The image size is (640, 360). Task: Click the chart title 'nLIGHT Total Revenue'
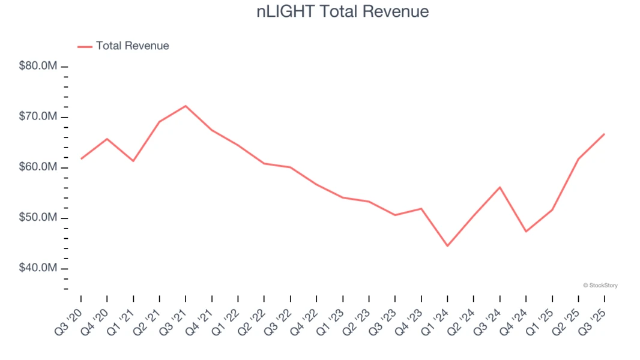(343, 11)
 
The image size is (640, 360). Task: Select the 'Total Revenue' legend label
(133, 46)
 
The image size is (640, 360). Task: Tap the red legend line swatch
(85, 46)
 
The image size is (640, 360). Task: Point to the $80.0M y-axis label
(38, 66)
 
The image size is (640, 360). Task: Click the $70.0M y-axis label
(38, 116)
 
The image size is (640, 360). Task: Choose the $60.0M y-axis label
(38, 167)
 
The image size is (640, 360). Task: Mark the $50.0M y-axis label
(38, 217)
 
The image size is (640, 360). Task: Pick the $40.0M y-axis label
(38, 268)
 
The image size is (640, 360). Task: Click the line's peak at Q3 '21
(186, 106)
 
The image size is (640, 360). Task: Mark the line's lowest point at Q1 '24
(447, 246)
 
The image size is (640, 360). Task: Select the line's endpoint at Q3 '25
(604, 134)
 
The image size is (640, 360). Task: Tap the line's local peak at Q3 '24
(500, 187)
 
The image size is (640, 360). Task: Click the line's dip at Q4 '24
(526, 232)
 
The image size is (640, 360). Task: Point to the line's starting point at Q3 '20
(81, 158)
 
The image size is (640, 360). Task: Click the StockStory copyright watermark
(600, 286)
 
